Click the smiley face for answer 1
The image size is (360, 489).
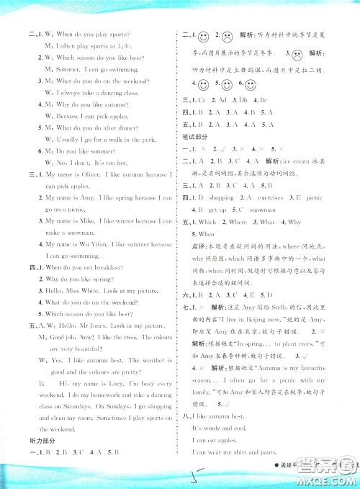coord(204,36)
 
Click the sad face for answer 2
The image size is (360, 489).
coord(227,36)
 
